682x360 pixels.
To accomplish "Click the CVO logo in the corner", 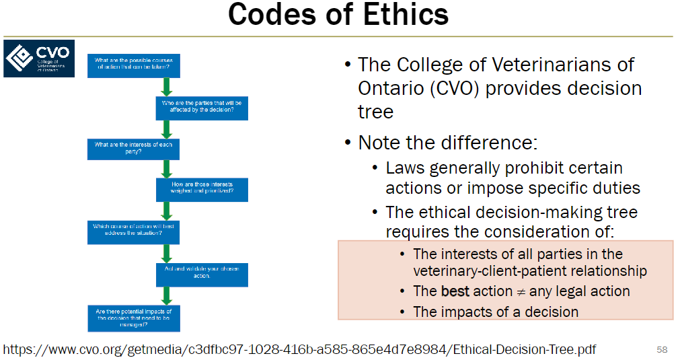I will (x=39, y=59).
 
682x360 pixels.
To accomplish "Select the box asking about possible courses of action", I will (x=133, y=65).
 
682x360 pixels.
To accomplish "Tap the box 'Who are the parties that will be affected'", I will (x=202, y=106).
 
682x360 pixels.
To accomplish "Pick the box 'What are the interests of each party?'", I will (x=133, y=149).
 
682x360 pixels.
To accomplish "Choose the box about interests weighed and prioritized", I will (x=202, y=189).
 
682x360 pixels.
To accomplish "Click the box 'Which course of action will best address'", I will (x=133, y=231).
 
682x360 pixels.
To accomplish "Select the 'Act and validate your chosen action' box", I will (x=202, y=273).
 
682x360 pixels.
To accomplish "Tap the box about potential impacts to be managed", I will (x=133, y=318).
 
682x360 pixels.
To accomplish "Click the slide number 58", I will (x=662, y=349).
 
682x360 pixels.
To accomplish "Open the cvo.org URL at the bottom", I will (x=299, y=349).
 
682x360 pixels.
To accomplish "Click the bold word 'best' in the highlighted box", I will (x=455, y=291).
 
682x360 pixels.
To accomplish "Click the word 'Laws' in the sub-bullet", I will (x=405, y=168).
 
